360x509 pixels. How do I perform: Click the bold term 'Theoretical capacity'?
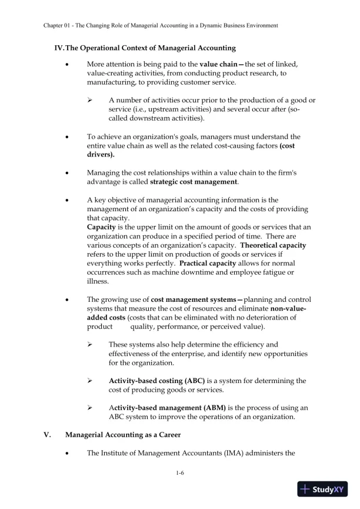[x=274, y=245]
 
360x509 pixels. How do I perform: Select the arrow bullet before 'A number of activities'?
[x=91, y=100]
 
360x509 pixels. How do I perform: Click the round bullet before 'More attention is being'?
[x=69, y=64]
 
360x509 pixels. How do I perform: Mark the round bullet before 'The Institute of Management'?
[x=69, y=453]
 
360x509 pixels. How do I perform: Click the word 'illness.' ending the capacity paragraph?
[x=98, y=281]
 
